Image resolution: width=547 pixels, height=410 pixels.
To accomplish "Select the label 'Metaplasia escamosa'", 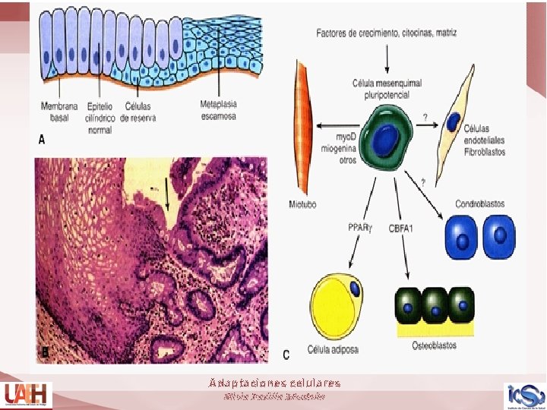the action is click(218, 110).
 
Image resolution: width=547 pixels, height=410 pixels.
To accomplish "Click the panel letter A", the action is click(43, 140).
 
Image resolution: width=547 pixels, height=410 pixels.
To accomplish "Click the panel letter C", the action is click(286, 354).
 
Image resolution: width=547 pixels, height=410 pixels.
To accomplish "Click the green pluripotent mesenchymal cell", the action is click(386, 136).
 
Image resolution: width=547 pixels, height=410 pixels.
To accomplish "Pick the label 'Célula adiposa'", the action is click(333, 348).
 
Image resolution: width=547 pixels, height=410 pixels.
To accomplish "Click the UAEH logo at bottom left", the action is click(25, 394).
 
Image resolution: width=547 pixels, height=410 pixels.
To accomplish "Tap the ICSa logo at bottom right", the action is click(524, 395).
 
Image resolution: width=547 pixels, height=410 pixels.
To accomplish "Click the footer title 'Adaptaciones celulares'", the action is click(275, 383).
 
